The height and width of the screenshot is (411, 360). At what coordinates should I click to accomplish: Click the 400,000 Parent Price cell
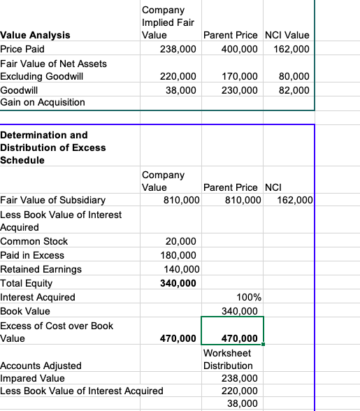click(x=238, y=50)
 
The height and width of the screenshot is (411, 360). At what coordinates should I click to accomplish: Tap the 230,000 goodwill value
click(x=238, y=90)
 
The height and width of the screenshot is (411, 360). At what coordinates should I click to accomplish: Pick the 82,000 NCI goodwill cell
click(x=295, y=90)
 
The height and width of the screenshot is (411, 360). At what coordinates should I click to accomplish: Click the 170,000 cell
click(x=238, y=76)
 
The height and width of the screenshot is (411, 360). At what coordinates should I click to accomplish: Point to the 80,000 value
click(x=295, y=76)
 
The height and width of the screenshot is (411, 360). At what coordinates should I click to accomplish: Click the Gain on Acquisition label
click(x=43, y=103)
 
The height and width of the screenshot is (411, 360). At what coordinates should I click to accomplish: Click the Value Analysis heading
click(x=35, y=35)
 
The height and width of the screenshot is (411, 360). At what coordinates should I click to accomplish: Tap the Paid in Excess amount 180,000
click(x=179, y=255)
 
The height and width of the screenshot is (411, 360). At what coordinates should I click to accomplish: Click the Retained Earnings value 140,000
click(x=181, y=269)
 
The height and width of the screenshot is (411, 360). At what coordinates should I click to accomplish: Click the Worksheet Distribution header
click(x=228, y=359)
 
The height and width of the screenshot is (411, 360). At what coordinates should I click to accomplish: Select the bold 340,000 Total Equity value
click(x=179, y=283)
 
